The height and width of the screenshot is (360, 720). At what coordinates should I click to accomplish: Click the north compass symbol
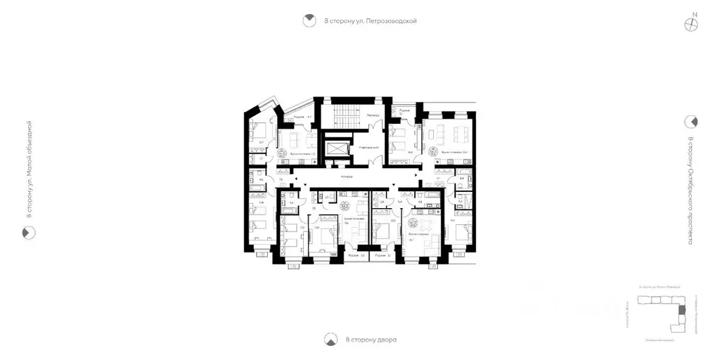click(693, 23)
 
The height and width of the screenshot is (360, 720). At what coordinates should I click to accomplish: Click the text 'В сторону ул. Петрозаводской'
click(371, 21)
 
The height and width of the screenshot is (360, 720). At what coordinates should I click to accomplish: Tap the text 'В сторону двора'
click(371, 340)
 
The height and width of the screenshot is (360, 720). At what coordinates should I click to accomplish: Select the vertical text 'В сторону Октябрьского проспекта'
click(690, 190)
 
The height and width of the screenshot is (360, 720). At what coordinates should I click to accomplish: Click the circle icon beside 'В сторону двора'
click(330, 340)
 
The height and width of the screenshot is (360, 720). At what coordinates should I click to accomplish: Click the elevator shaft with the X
click(337, 147)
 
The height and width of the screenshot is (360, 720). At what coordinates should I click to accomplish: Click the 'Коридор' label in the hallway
click(347, 176)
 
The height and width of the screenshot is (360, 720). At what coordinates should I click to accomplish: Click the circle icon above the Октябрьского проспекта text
click(690, 121)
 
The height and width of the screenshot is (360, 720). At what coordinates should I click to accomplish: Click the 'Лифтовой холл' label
click(368, 148)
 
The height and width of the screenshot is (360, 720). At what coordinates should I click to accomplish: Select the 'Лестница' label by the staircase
click(373, 115)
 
